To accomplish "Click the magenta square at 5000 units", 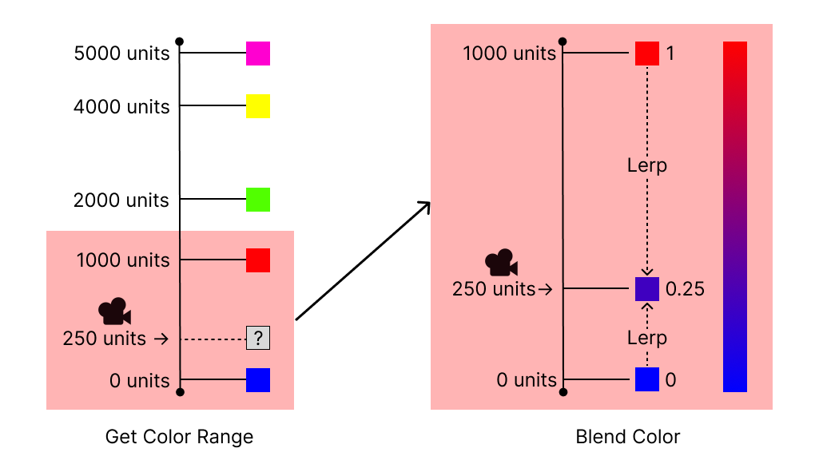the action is [x=258, y=54].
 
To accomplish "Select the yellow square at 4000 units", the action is [x=258, y=106].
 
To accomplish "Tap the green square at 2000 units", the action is [x=258, y=200].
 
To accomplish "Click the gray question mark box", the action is [x=258, y=338].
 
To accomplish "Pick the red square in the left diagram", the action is [x=258, y=260].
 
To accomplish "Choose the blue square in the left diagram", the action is [x=258, y=380].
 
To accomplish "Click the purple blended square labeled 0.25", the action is [x=647, y=289].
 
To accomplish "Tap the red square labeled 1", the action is [x=647, y=54].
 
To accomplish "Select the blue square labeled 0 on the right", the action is [x=647, y=379].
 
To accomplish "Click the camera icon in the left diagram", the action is [x=114, y=311].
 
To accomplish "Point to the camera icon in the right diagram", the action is [x=501, y=262].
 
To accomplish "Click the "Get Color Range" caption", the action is [x=179, y=437].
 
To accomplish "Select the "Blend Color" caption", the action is [x=628, y=437].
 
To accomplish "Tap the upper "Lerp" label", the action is [x=647, y=165].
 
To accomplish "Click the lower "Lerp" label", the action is [x=647, y=338].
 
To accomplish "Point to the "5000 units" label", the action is [x=121, y=54].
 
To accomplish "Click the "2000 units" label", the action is [x=121, y=200].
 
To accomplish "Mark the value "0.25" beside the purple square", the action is [x=685, y=289].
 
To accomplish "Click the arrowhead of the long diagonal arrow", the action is [x=426, y=205].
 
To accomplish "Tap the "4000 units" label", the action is [x=121, y=106].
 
